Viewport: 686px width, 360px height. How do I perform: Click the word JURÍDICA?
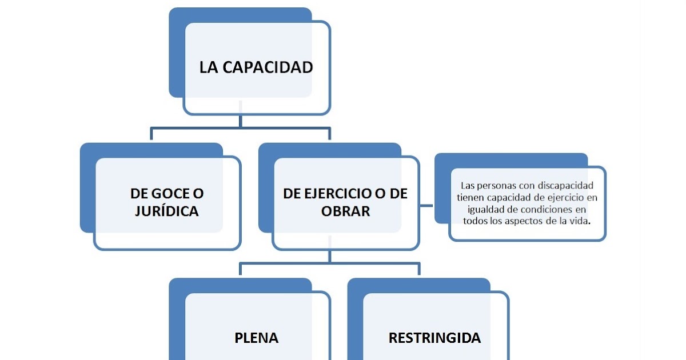click(x=167, y=211)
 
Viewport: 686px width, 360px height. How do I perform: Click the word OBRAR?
click(x=345, y=211)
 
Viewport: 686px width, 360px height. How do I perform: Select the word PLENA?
click(x=257, y=338)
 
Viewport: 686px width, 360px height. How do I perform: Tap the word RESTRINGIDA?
click(x=434, y=338)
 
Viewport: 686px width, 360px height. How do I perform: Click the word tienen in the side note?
click(x=471, y=197)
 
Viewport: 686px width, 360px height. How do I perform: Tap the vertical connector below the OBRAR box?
click(x=330, y=257)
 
